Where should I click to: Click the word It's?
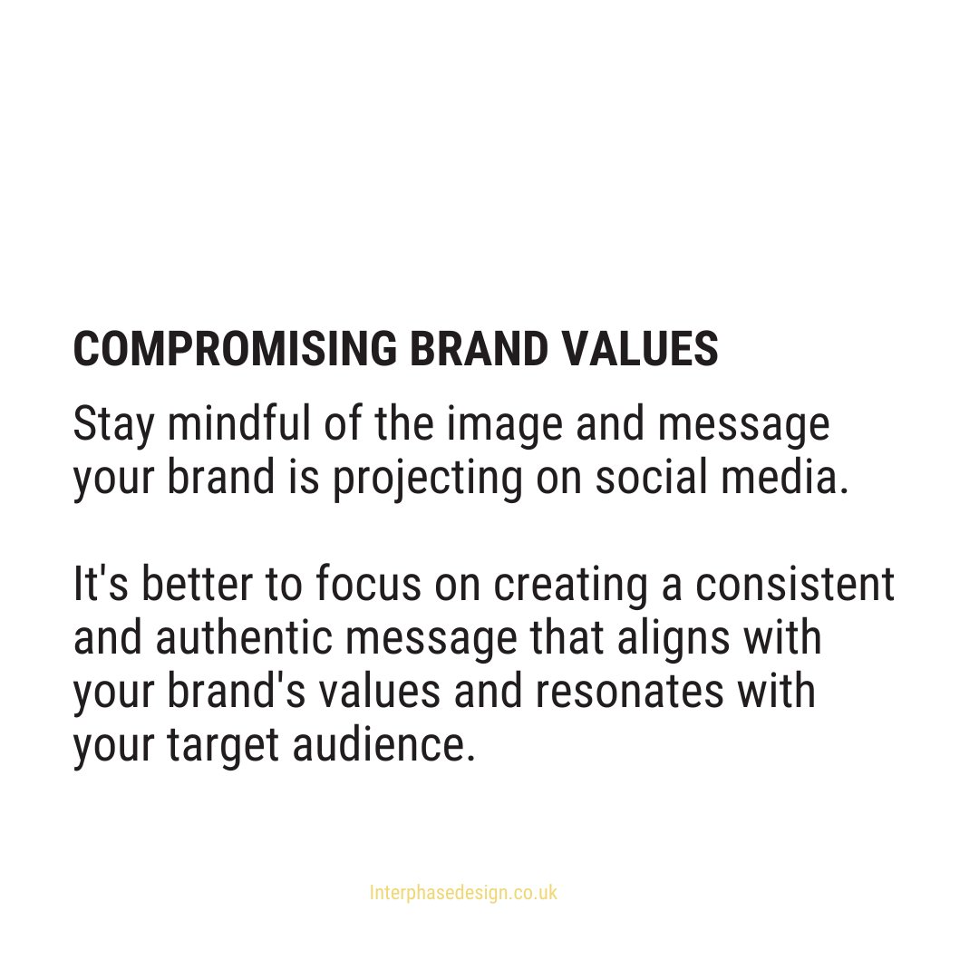tap(94, 586)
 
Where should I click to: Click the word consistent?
tap(795, 586)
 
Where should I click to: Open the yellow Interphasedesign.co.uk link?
tap(463, 893)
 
